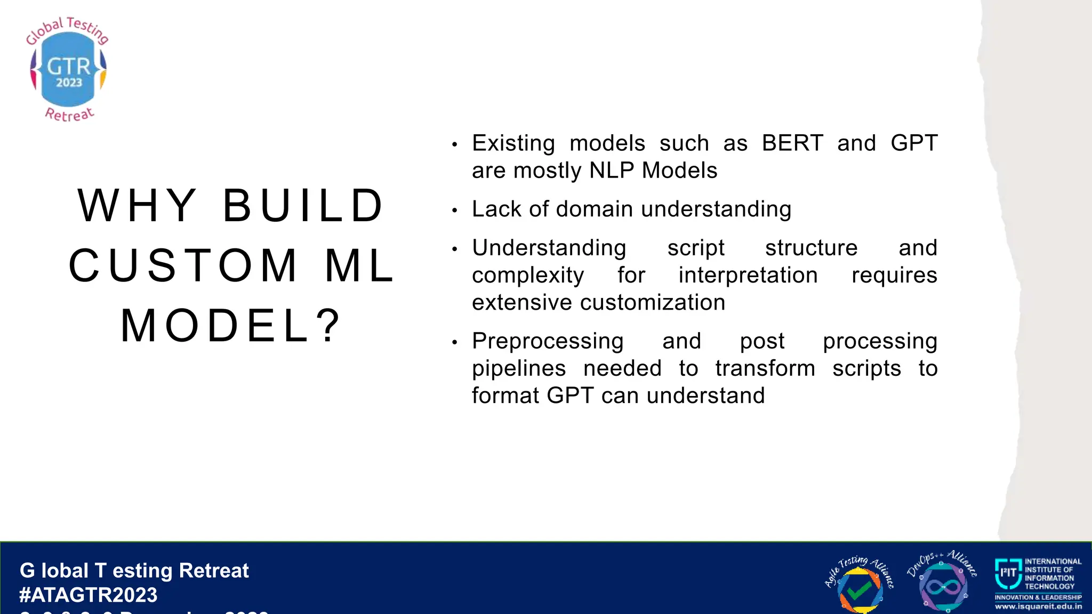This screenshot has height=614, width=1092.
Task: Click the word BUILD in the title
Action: (x=303, y=206)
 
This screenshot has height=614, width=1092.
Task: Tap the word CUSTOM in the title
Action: (x=184, y=266)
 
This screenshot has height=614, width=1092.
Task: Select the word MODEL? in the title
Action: (x=230, y=326)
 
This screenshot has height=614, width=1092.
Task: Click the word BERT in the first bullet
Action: (x=792, y=143)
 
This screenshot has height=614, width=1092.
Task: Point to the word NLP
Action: (x=612, y=171)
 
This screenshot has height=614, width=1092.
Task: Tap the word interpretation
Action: (x=748, y=276)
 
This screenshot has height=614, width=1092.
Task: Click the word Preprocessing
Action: (x=548, y=341)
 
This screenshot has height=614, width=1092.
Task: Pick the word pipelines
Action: (x=519, y=369)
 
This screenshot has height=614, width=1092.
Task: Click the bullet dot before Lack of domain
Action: (x=454, y=211)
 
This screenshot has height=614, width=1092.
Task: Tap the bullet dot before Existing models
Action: (x=454, y=145)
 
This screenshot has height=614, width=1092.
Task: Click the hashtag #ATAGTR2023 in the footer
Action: (x=89, y=595)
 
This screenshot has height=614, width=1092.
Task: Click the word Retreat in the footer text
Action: (x=214, y=571)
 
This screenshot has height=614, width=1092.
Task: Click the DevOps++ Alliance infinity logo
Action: (x=942, y=584)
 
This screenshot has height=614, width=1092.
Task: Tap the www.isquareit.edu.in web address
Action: (x=1038, y=607)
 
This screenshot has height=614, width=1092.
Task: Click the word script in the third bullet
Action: (x=695, y=248)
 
